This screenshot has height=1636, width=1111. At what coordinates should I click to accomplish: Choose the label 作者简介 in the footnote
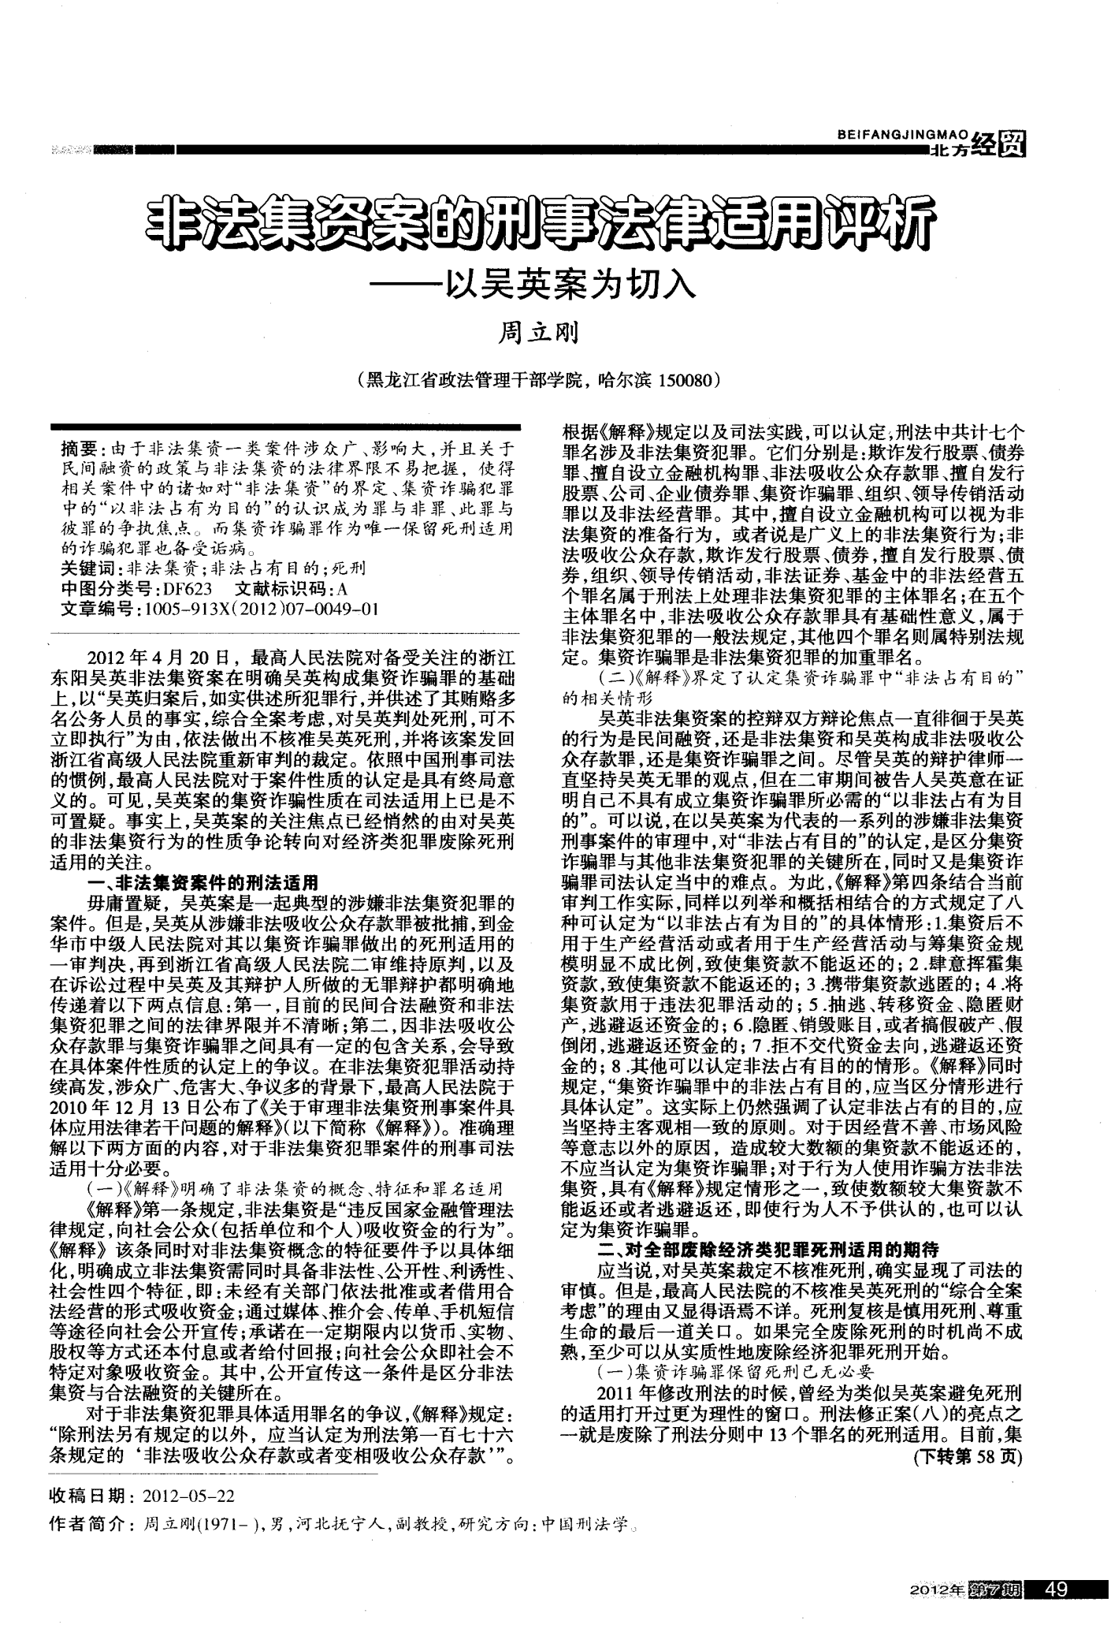87,1525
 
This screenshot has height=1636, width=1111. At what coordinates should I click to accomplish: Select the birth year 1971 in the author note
218,1525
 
